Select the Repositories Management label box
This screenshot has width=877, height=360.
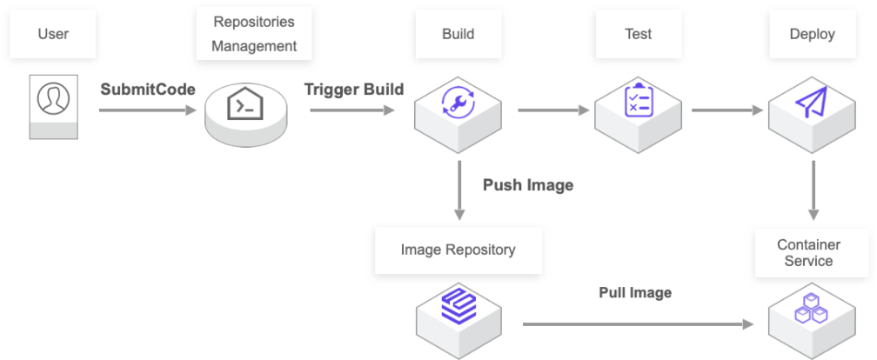pos(254,34)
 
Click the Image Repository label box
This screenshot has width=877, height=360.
pos(459,250)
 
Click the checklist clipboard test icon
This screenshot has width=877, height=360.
pos(639,100)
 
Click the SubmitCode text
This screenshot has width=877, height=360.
pos(147,90)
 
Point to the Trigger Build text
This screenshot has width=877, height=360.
pos(353,90)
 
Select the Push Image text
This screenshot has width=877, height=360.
pos(527,185)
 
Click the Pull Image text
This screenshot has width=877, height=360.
pos(634,293)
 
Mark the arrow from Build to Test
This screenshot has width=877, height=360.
pos(554,110)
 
